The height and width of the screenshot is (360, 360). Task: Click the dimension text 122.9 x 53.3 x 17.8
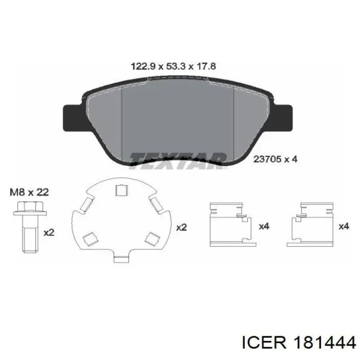(x=173, y=66)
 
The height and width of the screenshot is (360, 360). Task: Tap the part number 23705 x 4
(x=275, y=159)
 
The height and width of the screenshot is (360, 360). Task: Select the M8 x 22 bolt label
(x=29, y=192)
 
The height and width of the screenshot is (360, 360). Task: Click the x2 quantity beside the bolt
(x=49, y=232)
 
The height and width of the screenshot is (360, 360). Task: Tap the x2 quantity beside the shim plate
(x=182, y=227)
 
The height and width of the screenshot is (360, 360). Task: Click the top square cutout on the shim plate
(x=121, y=190)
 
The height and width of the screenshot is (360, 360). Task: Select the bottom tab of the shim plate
(x=122, y=259)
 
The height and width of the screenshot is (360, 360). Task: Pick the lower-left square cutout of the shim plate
(x=90, y=239)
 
